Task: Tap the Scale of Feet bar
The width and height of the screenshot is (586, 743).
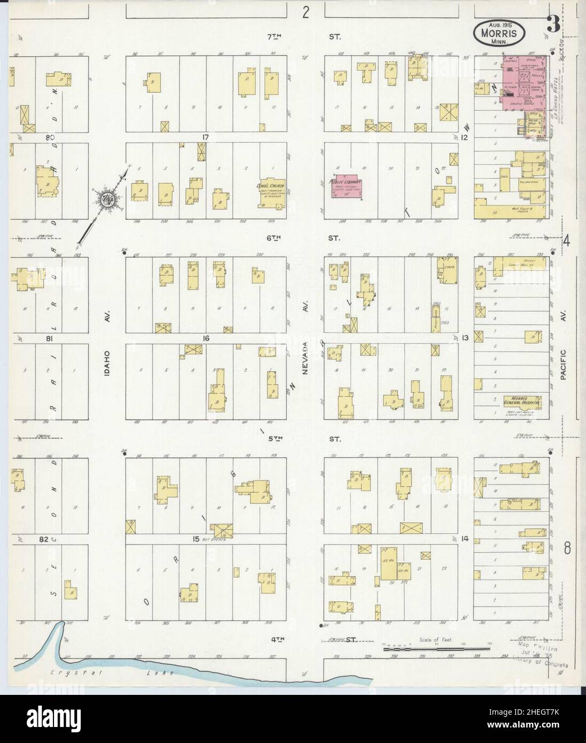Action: coord(436,649)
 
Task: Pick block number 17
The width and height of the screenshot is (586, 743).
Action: coord(205,137)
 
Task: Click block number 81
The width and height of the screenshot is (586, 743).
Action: coord(51,338)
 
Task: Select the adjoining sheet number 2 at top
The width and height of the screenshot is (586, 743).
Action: coord(305,12)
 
